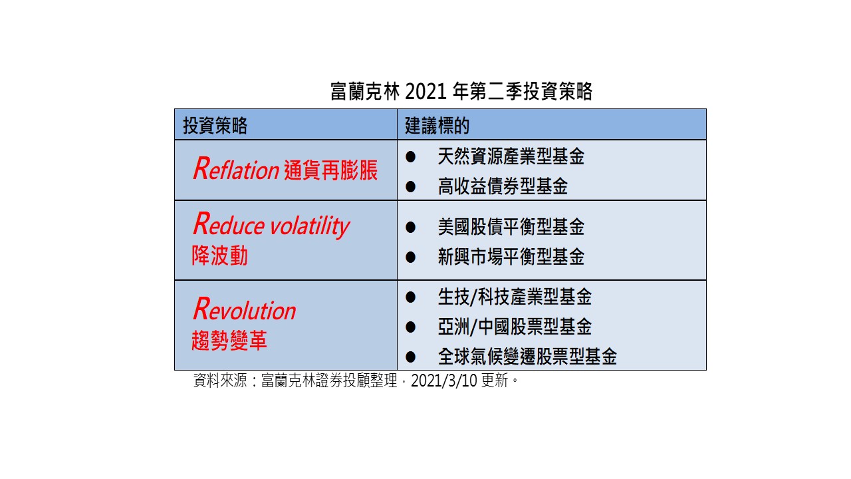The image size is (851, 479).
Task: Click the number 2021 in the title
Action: tap(425, 92)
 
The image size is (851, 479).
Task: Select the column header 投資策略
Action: tap(215, 126)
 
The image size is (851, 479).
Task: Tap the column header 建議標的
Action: tap(437, 126)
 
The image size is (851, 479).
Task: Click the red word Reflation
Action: tap(236, 169)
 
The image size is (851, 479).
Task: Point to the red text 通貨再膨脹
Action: tap(330, 170)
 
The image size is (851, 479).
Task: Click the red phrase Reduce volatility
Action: tap(271, 225)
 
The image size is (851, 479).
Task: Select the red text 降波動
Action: tap(219, 255)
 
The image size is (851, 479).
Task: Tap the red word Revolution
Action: tap(244, 309)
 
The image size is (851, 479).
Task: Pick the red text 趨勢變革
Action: tap(229, 340)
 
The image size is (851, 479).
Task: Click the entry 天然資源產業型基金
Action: tap(511, 156)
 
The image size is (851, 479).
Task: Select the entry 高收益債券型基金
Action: tap(503, 186)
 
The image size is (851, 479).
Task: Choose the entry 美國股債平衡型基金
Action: tap(511, 227)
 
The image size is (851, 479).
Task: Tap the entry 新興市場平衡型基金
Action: tap(511, 257)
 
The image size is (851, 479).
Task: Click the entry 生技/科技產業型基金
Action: tap(515, 297)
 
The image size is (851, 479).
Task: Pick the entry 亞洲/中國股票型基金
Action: tap(515, 327)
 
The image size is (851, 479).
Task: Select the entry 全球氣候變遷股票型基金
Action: tap(527, 357)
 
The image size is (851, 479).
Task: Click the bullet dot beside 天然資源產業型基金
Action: tap(410, 156)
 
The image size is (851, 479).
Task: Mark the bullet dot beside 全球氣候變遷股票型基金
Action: tap(410, 357)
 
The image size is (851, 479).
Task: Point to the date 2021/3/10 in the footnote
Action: tap(443, 381)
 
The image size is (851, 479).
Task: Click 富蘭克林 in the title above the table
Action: tap(365, 92)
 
